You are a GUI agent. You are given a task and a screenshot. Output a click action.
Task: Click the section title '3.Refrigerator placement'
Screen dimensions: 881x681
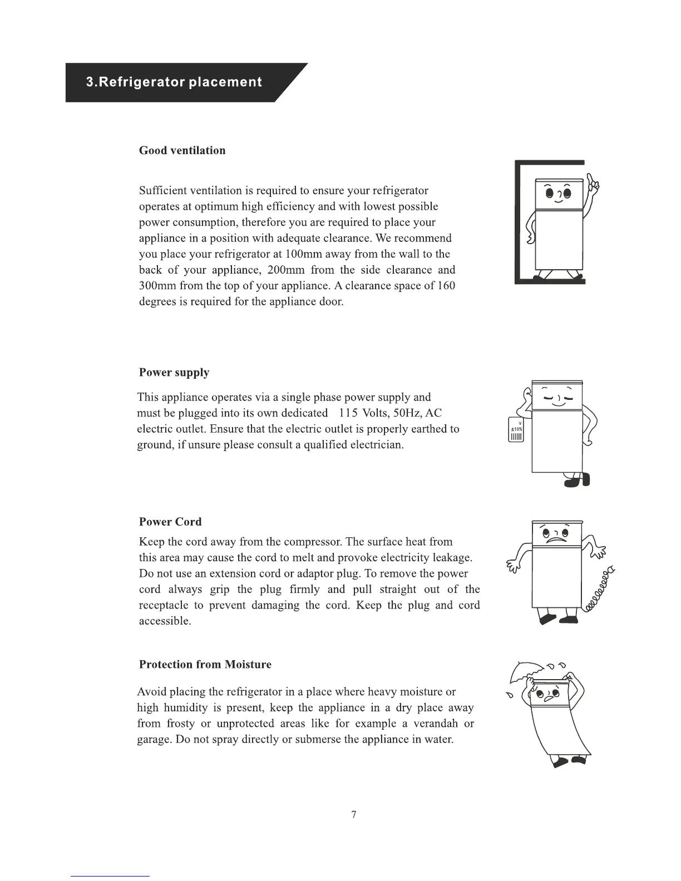pyautogui.click(x=173, y=82)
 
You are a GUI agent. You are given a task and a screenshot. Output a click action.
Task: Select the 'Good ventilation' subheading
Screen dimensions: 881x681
pyautogui.click(x=182, y=150)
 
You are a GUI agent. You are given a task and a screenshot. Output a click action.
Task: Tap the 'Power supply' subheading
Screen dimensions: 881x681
pyautogui.click(x=174, y=372)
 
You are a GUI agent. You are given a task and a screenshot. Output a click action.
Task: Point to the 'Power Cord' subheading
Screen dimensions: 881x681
pyautogui.click(x=170, y=522)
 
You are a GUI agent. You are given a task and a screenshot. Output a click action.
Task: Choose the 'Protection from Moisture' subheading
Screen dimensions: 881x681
pyautogui.click(x=205, y=664)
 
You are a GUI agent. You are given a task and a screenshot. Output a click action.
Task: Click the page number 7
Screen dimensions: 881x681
pyautogui.click(x=354, y=815)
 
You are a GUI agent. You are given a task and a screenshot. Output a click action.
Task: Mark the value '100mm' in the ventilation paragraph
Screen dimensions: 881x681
pyautogui.click(x=305, y=254)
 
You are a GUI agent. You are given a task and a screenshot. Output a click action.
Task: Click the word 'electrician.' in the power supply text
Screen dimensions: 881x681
pyautogui.click(x=377, y=445)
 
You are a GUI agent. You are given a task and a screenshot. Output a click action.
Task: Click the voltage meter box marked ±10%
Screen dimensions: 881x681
pyautogui.click(x=516, y=430)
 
